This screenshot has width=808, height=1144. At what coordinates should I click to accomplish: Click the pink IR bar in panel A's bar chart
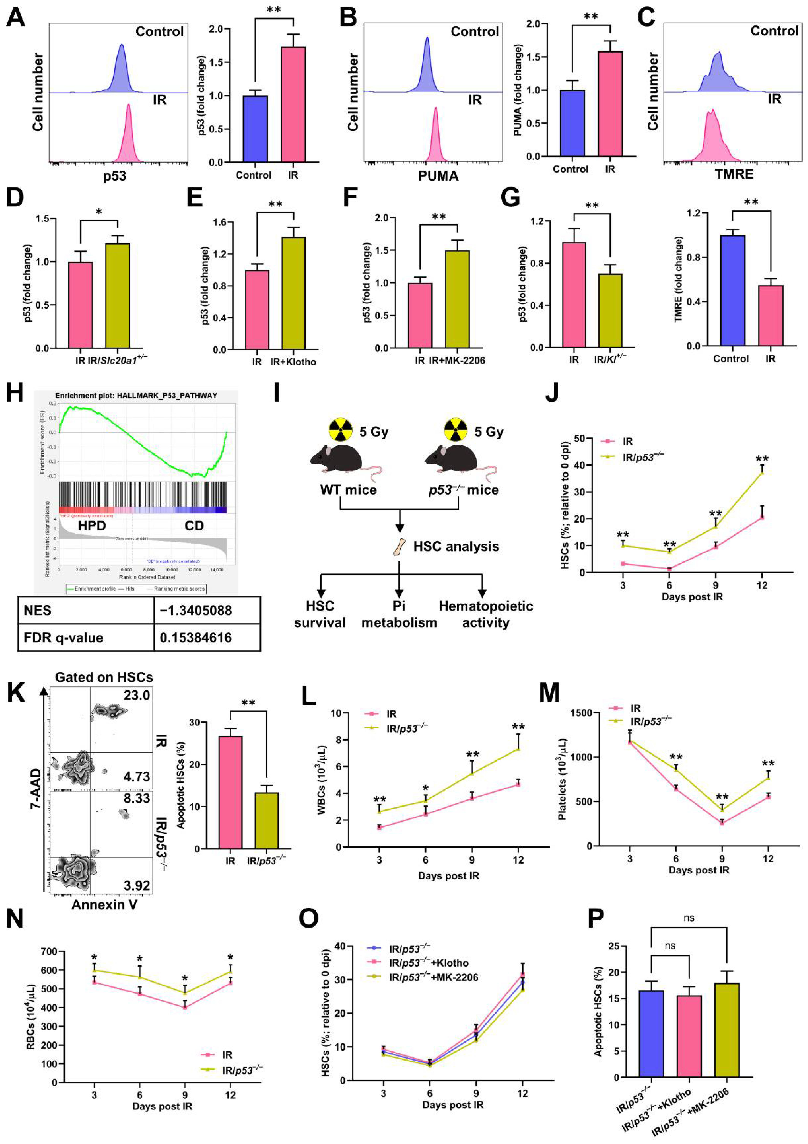click(x=293, y=105)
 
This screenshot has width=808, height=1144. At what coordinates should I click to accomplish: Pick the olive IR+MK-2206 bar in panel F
click(x=457, y=299)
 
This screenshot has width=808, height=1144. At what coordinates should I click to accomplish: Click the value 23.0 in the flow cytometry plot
click(x=136, y=695)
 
